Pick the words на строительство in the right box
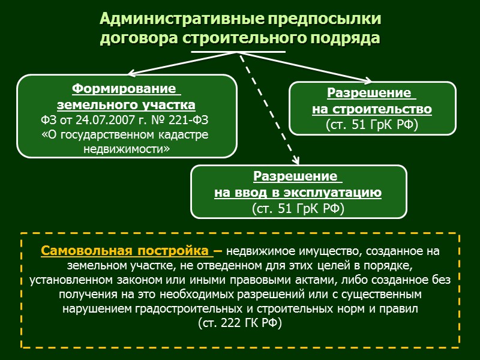[372, 109]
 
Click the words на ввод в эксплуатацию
[298, 193]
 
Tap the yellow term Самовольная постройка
[124, 250]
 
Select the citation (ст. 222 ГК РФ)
[239, 323]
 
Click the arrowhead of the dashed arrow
[296, 160]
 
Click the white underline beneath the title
[238, 52]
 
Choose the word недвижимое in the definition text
[256, 251]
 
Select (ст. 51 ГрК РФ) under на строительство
[371, 124]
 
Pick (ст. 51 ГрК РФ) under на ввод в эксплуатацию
[298, 208]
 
